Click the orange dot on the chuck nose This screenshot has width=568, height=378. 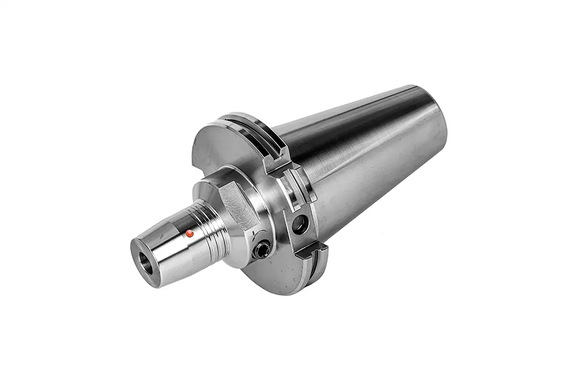(x=189, y=234)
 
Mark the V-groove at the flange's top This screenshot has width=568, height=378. (x=248, y=121)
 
